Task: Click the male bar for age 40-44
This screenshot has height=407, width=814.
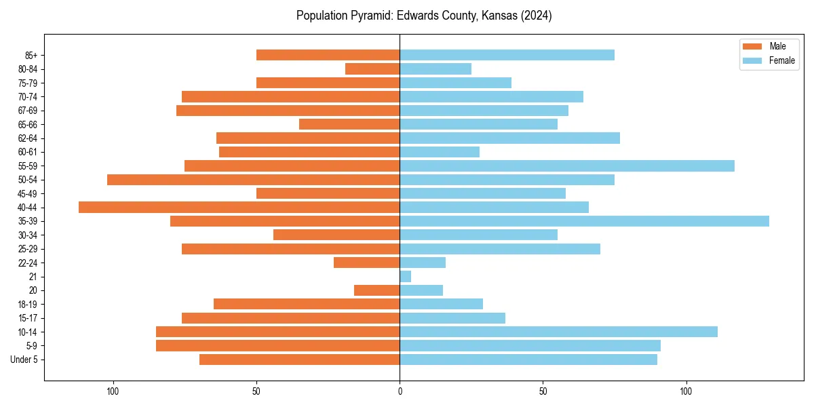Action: (x=239, y=208)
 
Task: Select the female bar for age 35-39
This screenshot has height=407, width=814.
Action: (x=584, y=221)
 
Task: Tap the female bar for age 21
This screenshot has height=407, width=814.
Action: (x=406, y=277)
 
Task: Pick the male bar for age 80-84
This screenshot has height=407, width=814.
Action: (x=372, y=69)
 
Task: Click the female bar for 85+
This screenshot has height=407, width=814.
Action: (x=507, y=55)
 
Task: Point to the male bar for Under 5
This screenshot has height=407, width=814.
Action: (x=299, y=360)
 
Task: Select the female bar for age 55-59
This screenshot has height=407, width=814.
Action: (x=567, y=166)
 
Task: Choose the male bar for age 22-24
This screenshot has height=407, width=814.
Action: (x=366, y=263)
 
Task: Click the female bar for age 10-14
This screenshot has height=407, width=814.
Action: (x=558, y=332)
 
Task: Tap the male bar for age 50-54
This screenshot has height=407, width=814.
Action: (x=253, y=180)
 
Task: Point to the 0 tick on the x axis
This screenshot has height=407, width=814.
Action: (x=400, y=391)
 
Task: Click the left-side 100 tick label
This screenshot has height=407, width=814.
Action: (x=113, y=391)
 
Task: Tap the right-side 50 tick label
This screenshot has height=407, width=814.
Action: (x=543, y=391)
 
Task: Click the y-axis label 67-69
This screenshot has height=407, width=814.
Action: (x=28, y=111)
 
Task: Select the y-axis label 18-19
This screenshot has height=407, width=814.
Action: (x=28, y=305)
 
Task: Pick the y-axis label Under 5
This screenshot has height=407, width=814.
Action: (x=24, y=360)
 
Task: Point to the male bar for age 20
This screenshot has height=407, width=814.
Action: (x=376, y=290)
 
